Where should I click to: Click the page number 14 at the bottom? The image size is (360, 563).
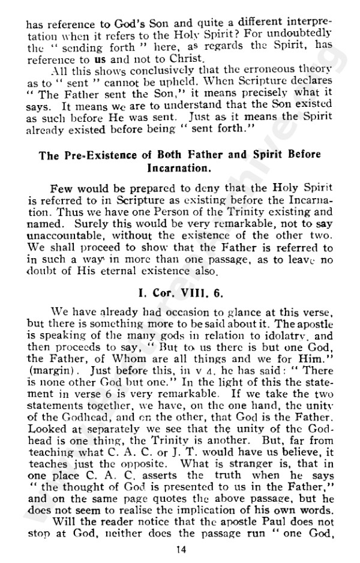[x=180, y=548]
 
